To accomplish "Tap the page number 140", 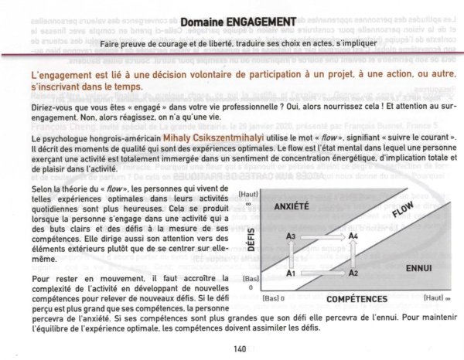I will point(239,348).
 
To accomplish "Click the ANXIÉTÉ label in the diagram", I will point(292,207).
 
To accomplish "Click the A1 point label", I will point(292,273).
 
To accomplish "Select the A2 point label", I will point(353,273).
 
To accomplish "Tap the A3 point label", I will point(291,235).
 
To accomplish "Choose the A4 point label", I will point(353,235).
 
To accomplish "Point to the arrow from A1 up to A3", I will point(292,254).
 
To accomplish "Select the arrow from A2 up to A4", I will point(353,254).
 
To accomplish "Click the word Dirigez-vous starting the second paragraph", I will point(34,90).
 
